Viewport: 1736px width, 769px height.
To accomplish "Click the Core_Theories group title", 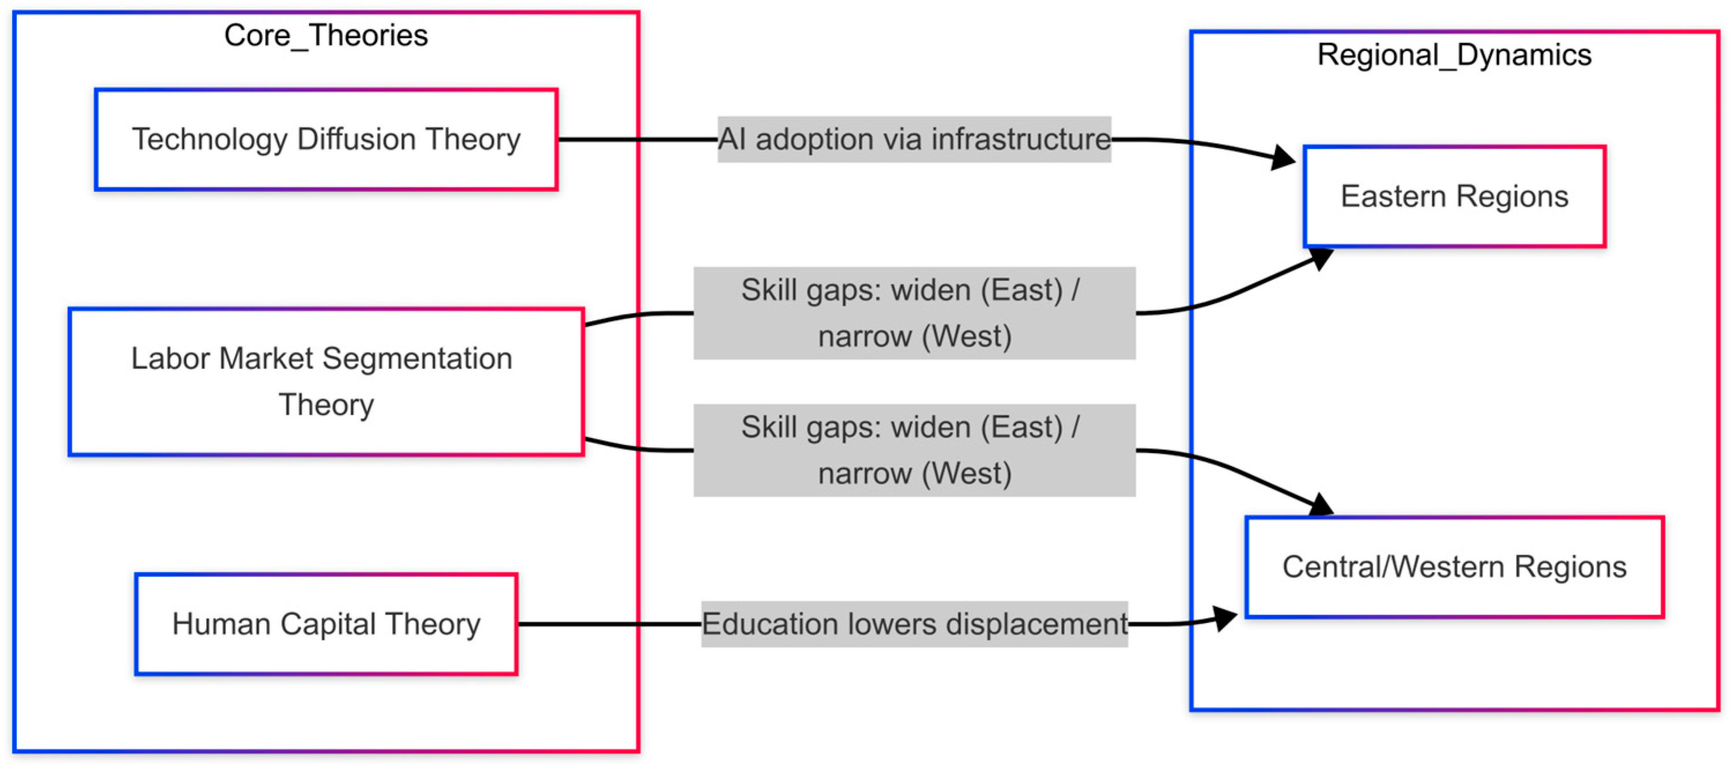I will pos(326,36).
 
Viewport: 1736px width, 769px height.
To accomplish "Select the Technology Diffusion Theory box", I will pos(326,139).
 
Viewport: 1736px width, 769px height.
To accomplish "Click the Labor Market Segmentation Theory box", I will pos(326,381).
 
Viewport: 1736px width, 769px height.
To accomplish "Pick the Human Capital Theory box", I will pos(326,624).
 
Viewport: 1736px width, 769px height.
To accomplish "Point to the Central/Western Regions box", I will pos(1454,567).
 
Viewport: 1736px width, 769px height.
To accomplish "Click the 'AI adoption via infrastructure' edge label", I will pos(913,139).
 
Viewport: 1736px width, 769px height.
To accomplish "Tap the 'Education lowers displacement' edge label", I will pos(914,624).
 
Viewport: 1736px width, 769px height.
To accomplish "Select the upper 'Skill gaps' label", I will pos(914,313).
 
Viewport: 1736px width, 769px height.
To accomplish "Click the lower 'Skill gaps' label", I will pos(914,450).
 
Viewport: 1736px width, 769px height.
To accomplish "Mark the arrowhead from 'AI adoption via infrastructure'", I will pos(1283,158).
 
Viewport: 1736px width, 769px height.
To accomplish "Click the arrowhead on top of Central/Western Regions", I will pos(1321,505).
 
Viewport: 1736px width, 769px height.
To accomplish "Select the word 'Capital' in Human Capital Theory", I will pos(327,624).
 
